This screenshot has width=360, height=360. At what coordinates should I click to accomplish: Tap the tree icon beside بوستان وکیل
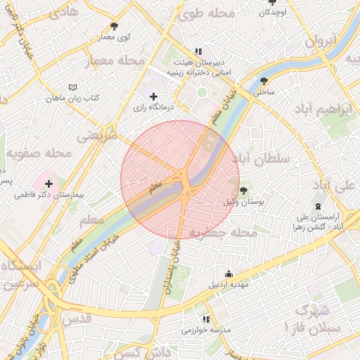[x=243, y=191]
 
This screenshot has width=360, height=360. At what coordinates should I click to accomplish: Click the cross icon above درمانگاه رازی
[x=154, y=96]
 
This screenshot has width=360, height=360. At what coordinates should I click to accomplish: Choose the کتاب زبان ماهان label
[x=73, y=97]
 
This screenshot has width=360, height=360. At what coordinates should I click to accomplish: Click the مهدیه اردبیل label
[x=229, y=285]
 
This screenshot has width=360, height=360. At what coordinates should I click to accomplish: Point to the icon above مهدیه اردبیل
[x=229, y=274]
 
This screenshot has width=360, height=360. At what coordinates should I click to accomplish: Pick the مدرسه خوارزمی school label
[x=206, y=330]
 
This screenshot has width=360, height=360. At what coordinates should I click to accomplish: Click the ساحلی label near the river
[x=264, y=91]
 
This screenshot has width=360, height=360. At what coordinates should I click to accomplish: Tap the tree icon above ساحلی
[x=264, y=81]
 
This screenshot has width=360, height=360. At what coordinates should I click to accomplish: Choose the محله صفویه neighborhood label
[x=39, y=153]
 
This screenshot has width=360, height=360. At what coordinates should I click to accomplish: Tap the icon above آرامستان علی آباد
[x=318, y=207]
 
